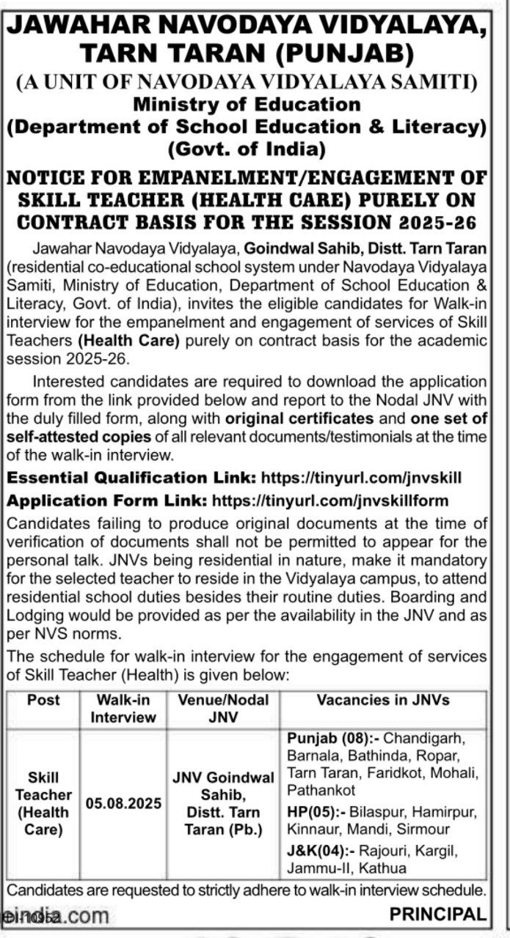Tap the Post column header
[43, 700]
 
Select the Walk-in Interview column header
[123, 709]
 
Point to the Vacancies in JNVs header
[383, 700]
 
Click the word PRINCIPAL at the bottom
[438, 914]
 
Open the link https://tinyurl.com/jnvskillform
[329, 500]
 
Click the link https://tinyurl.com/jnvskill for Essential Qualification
[362, 478]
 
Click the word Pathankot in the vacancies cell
[321, 790]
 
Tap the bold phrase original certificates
[299, 419]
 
